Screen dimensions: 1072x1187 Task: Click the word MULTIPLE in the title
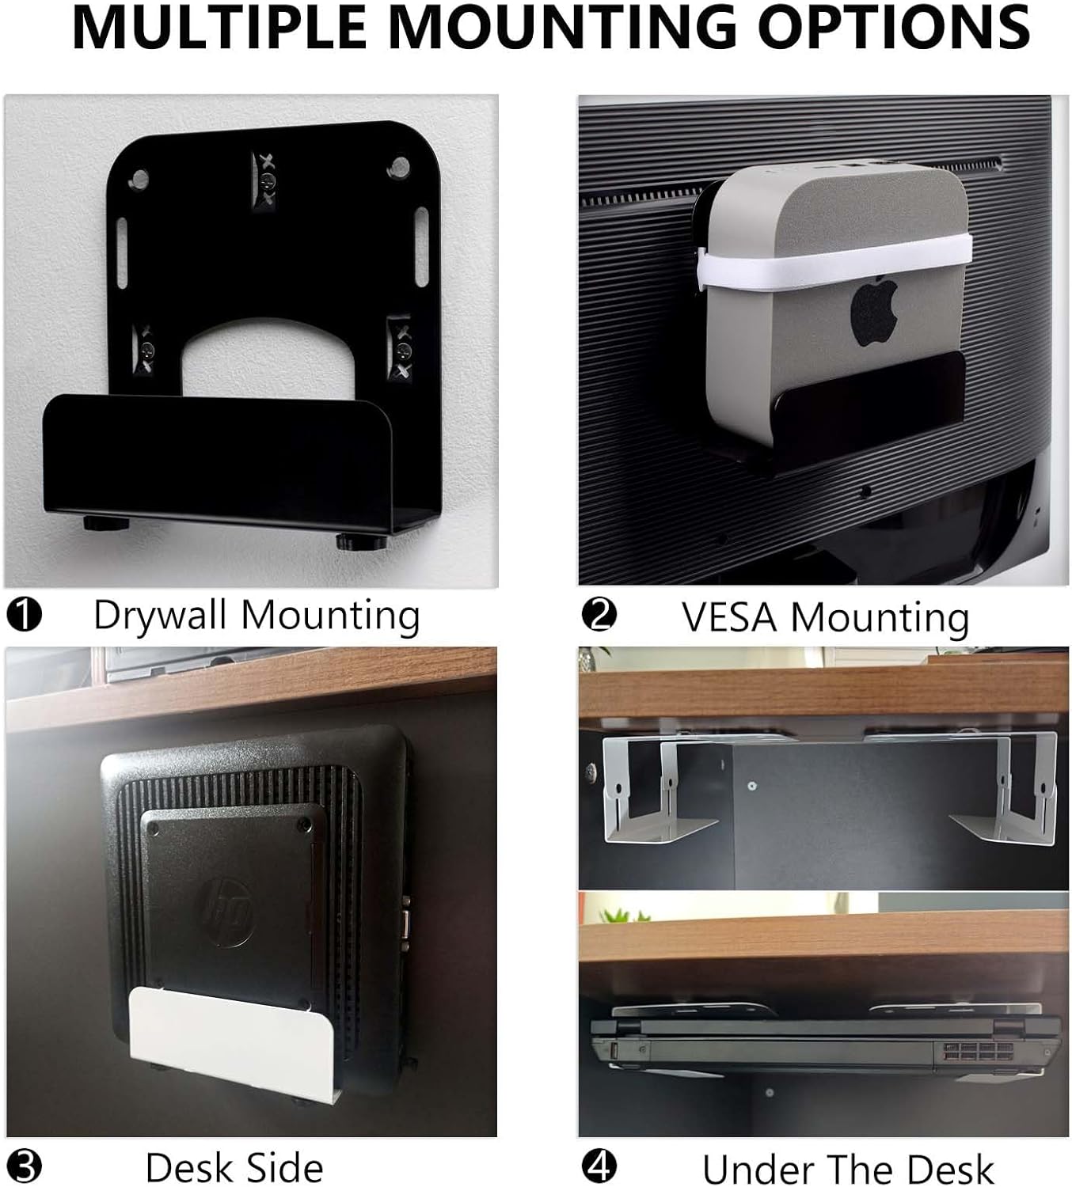point(219,27)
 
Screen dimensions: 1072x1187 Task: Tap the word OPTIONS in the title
point(893,27)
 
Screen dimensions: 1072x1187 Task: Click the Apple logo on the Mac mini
point(875,311)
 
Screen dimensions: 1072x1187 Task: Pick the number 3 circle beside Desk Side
point(25,1167)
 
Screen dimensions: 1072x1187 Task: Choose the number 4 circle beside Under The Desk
point(599,1167)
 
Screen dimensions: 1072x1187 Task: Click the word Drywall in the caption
point(161,616)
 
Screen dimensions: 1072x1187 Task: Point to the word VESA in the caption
point(730,616)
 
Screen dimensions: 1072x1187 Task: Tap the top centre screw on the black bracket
point(267,180)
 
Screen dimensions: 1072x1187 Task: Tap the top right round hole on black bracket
point(398,167)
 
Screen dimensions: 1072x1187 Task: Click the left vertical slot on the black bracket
point(122,252)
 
